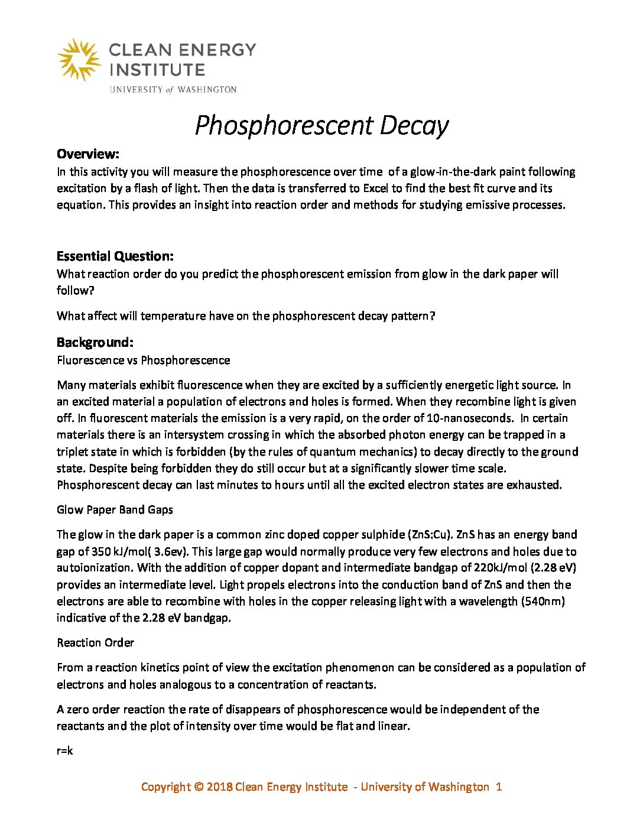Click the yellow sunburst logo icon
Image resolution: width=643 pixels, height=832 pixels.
[x=79, y=59]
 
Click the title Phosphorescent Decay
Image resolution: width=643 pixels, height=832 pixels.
[x=321, y=125]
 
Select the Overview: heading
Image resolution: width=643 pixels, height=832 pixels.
[x=88, y=154]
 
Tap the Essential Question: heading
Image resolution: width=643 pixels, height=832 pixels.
[x=115, y=256]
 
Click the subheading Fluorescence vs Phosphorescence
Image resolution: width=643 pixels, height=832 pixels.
[x=144, y=360]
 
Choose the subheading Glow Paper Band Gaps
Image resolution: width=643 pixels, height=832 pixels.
[x=115, y=509]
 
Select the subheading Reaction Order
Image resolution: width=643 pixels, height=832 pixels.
[x=96, y=642]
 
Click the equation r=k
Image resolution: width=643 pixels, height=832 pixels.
[x=65, y=751]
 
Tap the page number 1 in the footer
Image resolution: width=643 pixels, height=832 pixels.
[x=499, y=786]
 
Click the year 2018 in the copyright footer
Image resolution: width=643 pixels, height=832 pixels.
[x=219, y=786]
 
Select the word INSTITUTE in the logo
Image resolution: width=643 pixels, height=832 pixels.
[x=157, y=70]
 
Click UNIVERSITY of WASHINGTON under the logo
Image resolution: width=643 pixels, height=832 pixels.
[x=173, y=90]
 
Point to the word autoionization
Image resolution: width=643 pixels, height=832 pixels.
[x=96, y=568]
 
